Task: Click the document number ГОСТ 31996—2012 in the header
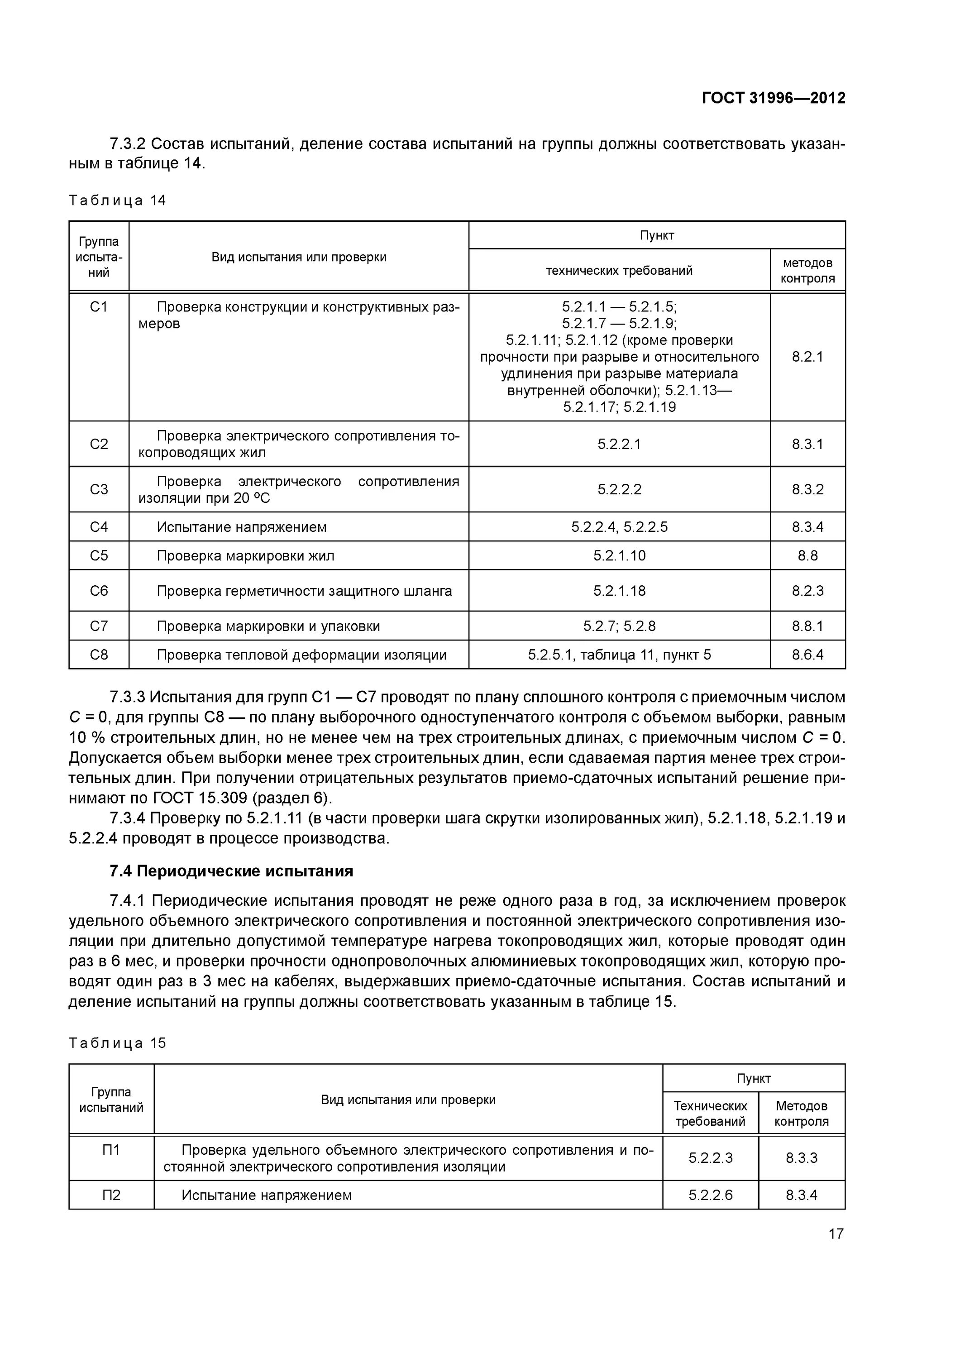point(773,98)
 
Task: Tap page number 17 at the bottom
point(835,1234)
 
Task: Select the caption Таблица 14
point(117,201)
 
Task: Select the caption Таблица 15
point(117,1043)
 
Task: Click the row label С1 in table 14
point(99,307)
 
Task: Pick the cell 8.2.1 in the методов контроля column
point(807,357)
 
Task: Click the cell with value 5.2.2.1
point(619,444)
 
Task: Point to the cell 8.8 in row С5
point(807,556)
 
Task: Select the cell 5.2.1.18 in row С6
point(619,591)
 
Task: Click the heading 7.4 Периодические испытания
point(231,871)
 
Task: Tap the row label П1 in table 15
point(111,1150)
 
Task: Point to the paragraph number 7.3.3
point(127,698)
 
